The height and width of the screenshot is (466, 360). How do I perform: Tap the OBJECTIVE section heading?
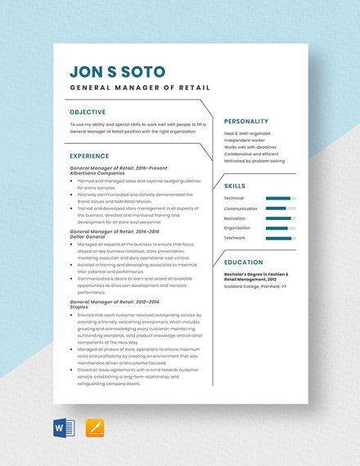coord(88,112)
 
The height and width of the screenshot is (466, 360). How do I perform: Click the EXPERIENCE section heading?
coord(89,155)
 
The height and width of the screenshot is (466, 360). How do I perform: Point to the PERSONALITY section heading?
coord(246,121)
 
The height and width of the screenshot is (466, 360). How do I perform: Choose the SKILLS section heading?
coord(235,186)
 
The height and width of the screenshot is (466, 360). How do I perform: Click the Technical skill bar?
coord(280,198)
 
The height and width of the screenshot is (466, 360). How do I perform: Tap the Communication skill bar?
coord(280,208)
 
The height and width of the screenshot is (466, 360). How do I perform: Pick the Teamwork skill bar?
coord(280,238)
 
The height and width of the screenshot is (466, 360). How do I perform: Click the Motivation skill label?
coord(235,218)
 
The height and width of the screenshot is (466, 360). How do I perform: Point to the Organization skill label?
coord(236,228)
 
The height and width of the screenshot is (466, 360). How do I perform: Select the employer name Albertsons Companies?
coord(99,173)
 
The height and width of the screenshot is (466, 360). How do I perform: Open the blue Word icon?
coord(63,428)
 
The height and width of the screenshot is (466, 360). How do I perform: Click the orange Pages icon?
coord(94,428)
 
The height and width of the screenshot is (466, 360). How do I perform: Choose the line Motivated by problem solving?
coord(254,161)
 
